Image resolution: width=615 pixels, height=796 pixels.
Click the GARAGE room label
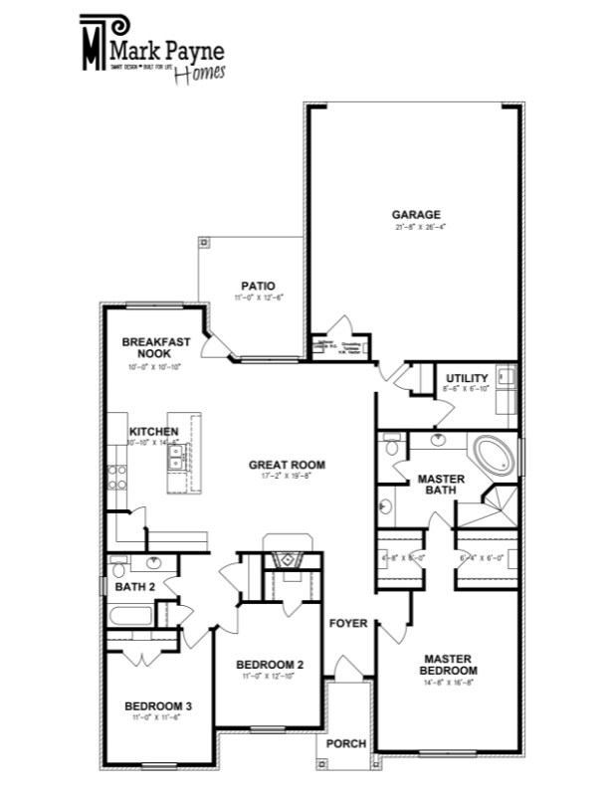415,214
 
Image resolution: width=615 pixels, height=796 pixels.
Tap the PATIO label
258,287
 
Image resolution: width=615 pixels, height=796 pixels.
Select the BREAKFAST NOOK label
148,347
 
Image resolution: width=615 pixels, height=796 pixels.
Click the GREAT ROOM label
287,465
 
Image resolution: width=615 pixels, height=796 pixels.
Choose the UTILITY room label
467,378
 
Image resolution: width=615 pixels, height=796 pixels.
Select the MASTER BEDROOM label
448,665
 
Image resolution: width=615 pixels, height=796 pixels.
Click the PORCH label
346,744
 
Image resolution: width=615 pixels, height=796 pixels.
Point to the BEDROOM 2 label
270,665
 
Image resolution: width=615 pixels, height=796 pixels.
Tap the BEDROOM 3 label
158,706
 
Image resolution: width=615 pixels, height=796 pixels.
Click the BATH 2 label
134,587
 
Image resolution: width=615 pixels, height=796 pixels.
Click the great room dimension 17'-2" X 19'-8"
287,477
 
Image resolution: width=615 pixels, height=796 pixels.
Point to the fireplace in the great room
290,560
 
